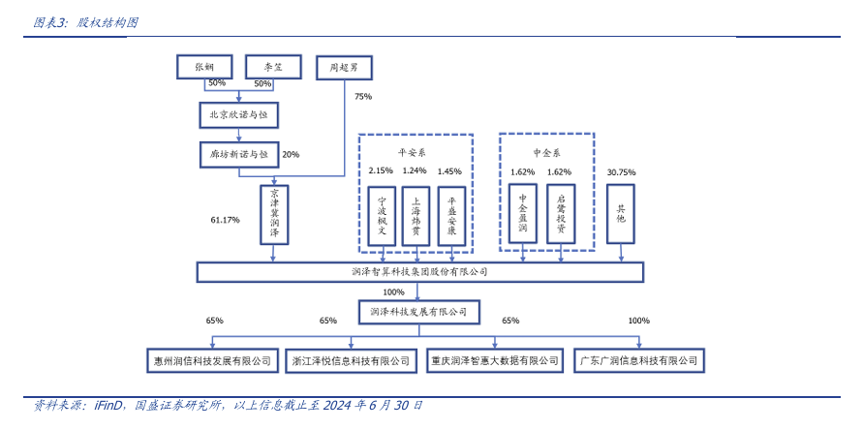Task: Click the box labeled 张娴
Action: point(203,67)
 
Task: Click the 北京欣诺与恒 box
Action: point(237,114)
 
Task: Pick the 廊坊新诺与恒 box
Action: point(237,153)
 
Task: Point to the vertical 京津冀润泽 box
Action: point(274,214)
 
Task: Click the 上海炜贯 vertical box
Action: point(415,214)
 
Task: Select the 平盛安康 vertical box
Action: point(450,214)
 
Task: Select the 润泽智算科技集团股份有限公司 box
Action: point(419,272)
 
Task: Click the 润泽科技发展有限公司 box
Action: point(418,312)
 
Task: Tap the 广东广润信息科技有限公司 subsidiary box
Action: point(638,360)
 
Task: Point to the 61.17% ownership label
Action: point(225,220)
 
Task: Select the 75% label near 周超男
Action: point(363,97)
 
